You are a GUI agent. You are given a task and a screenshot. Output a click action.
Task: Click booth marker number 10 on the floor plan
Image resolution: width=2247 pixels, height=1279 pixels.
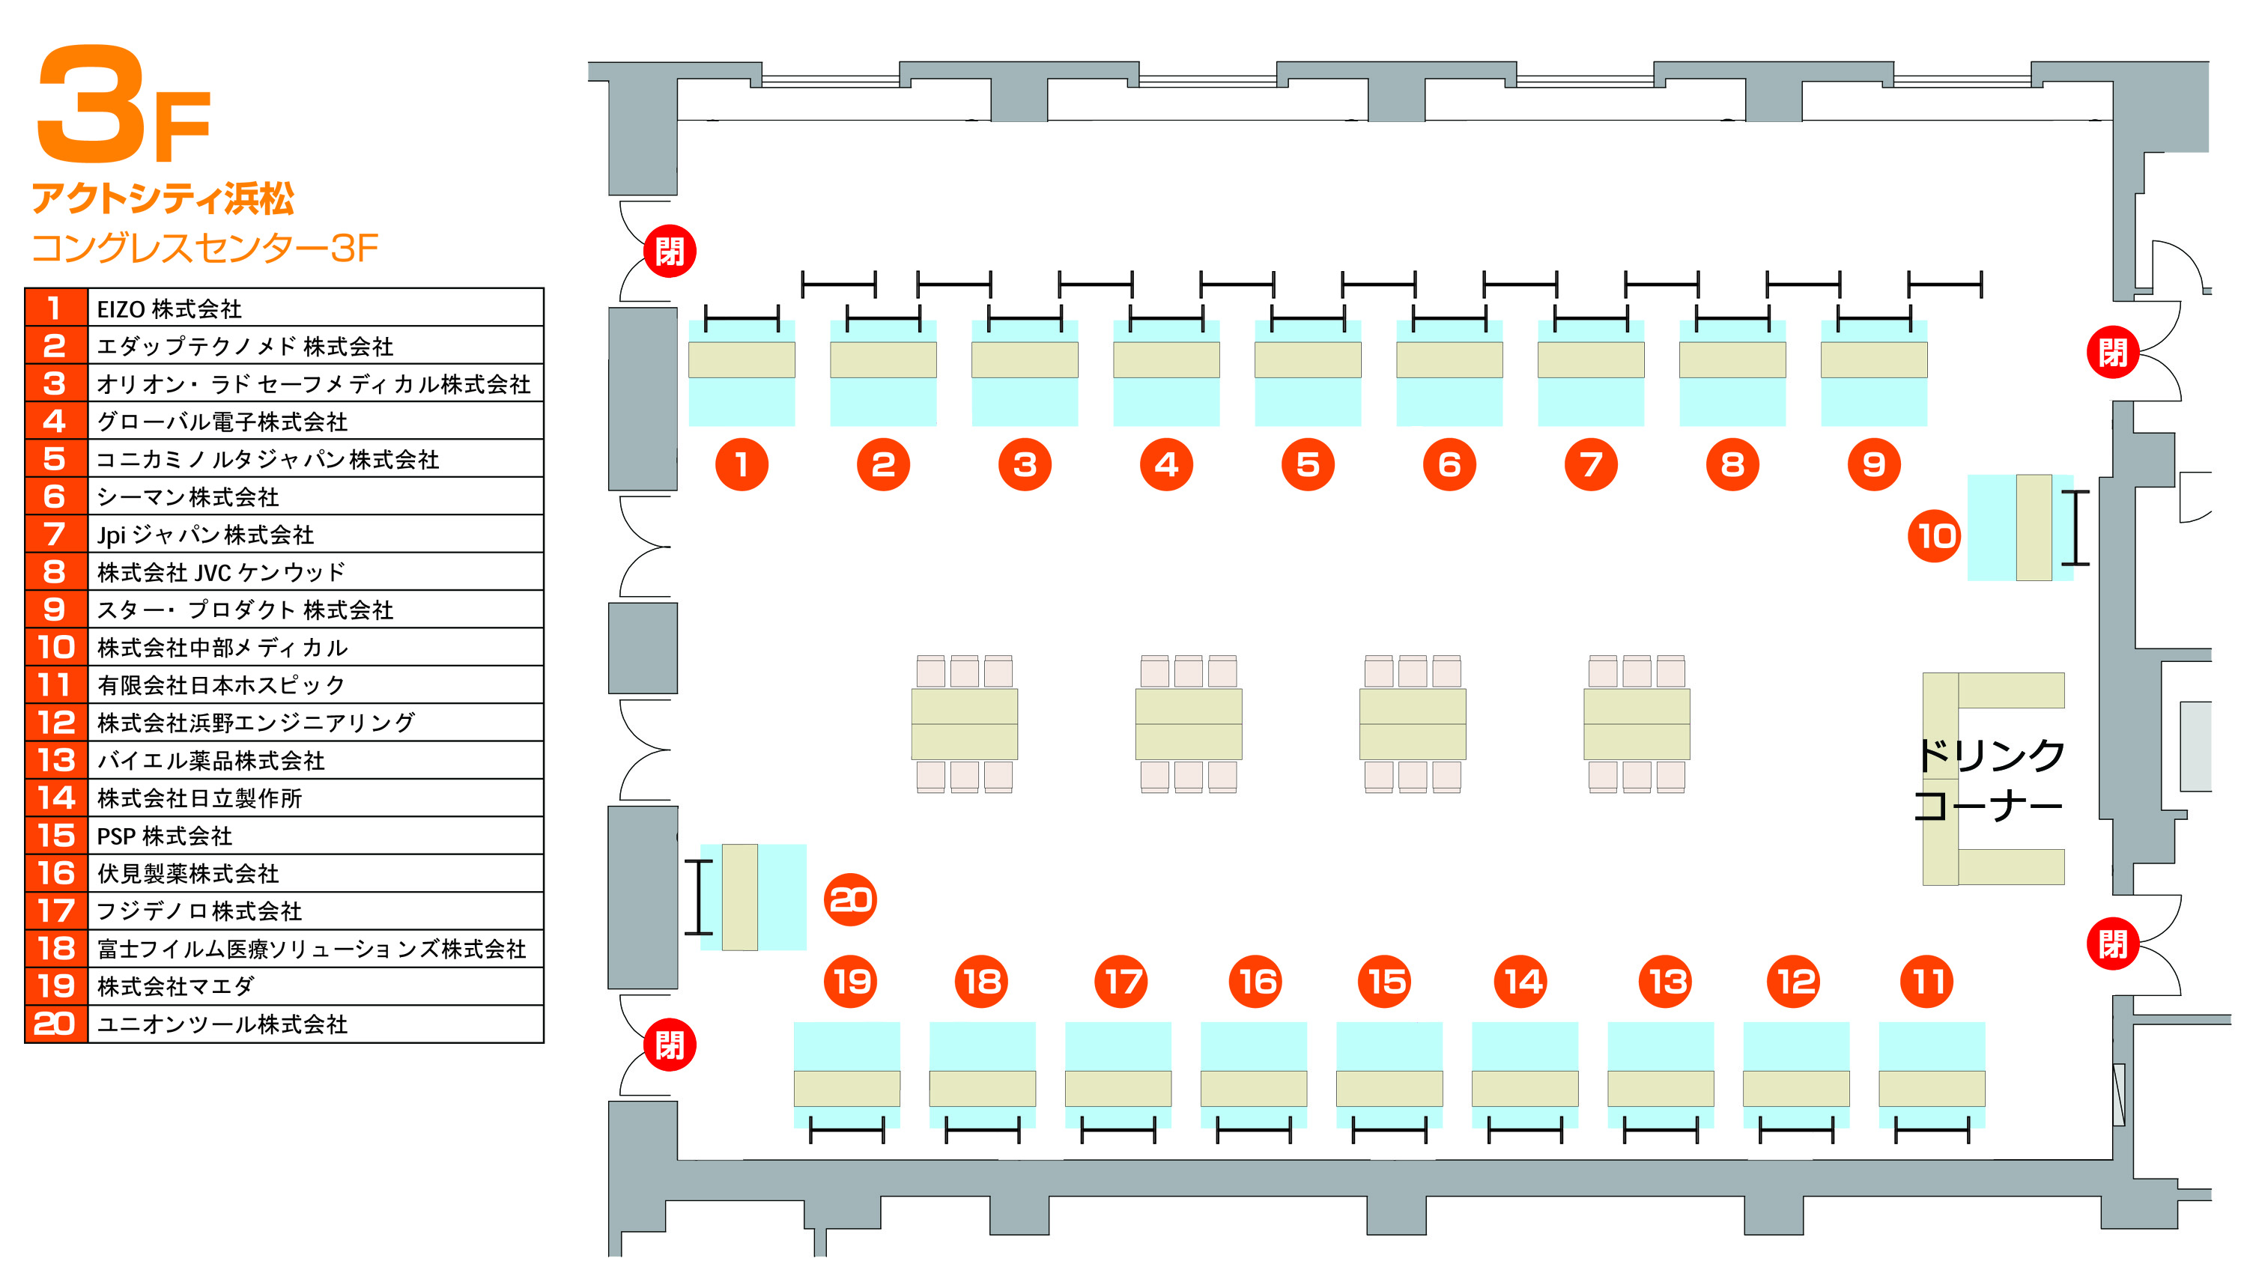tap(1933, 536)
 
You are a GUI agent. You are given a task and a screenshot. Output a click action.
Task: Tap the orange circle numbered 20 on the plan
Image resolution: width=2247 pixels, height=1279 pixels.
tap(850, 899)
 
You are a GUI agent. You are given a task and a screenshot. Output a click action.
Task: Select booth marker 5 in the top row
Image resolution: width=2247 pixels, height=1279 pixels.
tap(1307, 464)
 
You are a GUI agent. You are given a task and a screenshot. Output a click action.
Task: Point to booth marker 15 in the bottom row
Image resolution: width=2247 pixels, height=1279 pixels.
tap(1385, 981)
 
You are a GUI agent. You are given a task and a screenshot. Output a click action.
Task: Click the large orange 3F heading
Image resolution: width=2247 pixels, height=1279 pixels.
tap(123, 106)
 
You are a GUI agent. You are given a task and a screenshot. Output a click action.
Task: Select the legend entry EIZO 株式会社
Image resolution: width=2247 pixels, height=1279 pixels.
tap(169, 309)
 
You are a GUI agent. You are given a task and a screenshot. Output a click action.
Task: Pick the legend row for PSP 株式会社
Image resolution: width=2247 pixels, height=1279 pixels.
tap(164, 836)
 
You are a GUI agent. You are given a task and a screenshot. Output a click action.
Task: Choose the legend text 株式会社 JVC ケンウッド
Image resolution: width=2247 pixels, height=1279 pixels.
tap(222, 573)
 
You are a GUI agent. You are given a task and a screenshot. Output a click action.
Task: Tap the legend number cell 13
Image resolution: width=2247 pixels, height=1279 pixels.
tap(56, 761)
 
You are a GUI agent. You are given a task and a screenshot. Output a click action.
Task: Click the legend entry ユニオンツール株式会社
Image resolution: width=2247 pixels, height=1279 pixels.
tap(222, 1024)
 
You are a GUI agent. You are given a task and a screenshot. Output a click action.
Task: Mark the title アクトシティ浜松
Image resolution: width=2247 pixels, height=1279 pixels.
tap(163, 199)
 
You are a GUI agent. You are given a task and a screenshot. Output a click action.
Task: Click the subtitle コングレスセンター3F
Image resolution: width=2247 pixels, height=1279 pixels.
tap(204, 249)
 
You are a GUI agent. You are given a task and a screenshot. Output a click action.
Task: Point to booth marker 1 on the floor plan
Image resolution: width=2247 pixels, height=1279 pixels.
tap(742, 464)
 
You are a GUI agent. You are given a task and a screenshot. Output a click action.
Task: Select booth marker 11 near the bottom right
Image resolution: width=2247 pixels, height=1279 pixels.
tap(1926, 981)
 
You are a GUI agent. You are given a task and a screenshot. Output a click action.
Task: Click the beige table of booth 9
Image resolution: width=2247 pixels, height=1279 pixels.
tap(1874, 360)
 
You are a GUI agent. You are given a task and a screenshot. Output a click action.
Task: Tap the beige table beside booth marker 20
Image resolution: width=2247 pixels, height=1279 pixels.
tap(739, 897)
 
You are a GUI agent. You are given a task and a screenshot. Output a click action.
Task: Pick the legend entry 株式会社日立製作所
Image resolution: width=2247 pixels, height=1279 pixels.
tap(199, 798)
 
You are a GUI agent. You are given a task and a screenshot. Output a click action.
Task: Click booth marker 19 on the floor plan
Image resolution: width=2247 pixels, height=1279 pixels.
tap(850, 981)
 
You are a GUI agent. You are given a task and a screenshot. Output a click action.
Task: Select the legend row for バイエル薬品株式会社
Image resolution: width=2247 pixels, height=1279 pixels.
tap(210, 761)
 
